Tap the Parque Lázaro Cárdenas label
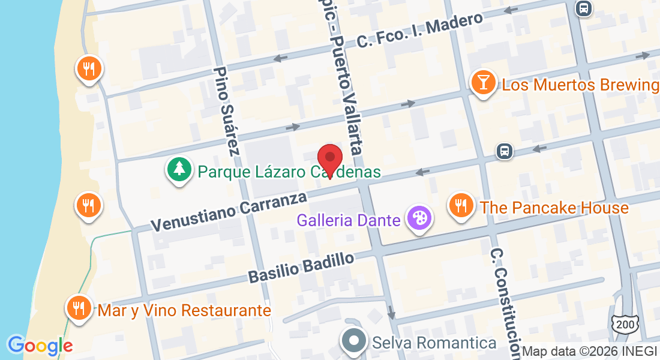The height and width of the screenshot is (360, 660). [289, 172]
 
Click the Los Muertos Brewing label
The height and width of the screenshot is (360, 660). [580, 85]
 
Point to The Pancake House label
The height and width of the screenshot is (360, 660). [554, 208]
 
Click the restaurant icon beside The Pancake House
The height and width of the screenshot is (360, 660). [461, 206]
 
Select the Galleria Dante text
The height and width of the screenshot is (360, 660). [349, 220]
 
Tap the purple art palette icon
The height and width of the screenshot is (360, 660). [418, 218]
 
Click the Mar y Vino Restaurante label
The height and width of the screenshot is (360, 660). [184, 310]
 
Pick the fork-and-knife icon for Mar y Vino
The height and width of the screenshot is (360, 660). [78, 308]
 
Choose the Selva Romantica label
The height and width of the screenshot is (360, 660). [434, 343]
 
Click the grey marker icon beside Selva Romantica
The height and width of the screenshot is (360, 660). [354, 341]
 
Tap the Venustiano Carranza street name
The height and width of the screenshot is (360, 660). [229, 212]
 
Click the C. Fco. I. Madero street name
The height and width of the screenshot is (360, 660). [419, 30]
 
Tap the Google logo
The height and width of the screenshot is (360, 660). [40, 346]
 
